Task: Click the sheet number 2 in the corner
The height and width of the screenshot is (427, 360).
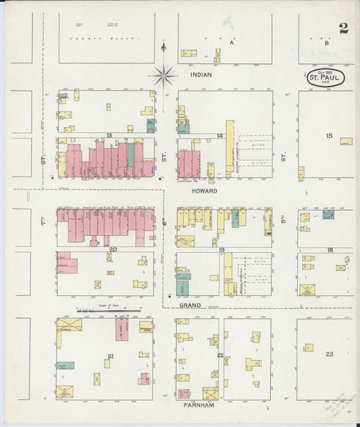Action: pyautogui.click(x=344, y=28)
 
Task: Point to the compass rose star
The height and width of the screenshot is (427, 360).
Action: pyautogui.click(x=163, y=76)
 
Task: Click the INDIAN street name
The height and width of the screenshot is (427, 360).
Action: pyautogui.click(x=201, y=75)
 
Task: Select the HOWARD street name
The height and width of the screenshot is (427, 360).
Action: pyautogui.click(x=203, y=191)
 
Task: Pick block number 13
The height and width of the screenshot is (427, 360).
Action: pyautogui.click(x=108, y=135)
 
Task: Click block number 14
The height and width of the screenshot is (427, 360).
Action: pyautogui.click(x=220, y=136)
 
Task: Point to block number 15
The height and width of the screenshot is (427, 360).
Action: pyautogui.click(x=329, y=136)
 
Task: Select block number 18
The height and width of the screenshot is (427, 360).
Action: pyautogui.click(x=330, y=250)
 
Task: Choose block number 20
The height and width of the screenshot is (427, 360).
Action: pyautogui.click(x=113, y=250)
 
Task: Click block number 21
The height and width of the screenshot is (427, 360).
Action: pyautogui.click(x=111, y=355)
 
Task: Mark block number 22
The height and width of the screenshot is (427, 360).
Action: pyautogui.click(x=220, y=355)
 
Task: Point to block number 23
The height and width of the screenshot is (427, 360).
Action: pyautogui.click(x=329, y=354)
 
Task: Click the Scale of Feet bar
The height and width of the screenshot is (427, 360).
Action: pyautogui.click(x=108, y=311)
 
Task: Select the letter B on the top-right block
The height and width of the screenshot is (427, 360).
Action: pyautogui.click(x=326, y=43)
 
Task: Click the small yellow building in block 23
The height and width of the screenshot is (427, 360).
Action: pyautogui.click(x=308, y=347)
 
